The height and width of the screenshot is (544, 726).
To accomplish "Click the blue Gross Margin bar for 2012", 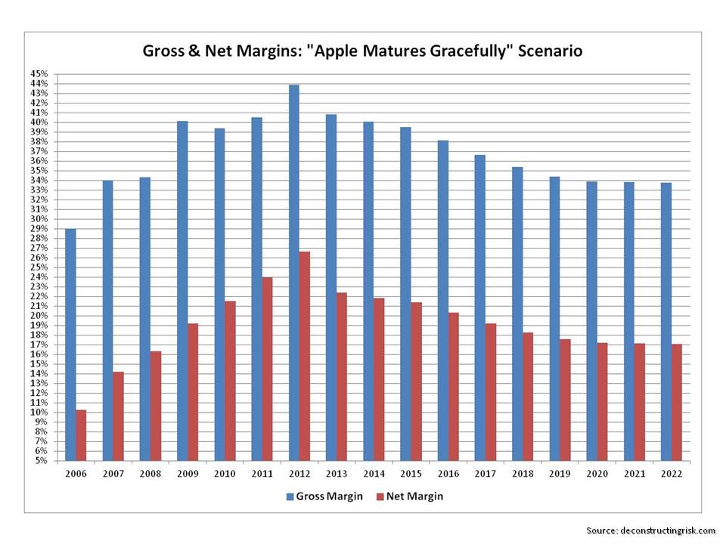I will tap(293, 272).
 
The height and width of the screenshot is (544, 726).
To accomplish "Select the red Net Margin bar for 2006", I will tap(81, 435).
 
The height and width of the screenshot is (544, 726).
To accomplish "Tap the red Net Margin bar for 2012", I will tap(304, 355).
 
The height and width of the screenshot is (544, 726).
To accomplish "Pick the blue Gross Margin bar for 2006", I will tap(70, 344).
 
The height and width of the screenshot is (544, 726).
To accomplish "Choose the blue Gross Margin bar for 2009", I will tap(181, 290).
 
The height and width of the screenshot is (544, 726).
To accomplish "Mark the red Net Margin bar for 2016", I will tap(453, 386).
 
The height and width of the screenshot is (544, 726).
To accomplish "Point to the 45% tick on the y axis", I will tap(39, 74).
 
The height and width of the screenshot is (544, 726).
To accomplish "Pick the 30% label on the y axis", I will tap(39, 219).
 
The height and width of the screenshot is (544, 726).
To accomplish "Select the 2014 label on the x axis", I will tap(374, 474).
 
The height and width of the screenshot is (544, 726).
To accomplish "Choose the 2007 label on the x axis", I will tap(113, 474).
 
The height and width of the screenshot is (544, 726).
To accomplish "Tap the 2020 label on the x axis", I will tap(597, 474).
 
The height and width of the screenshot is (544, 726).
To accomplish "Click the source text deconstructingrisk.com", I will tap(665, 530).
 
